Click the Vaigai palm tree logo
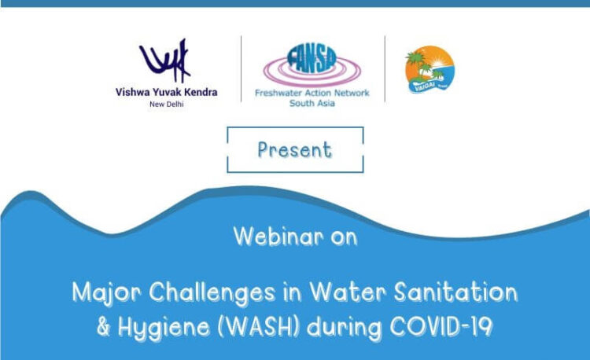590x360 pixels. point(429,69)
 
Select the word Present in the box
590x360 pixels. point(295,149)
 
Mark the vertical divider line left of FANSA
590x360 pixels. point(242,68)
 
